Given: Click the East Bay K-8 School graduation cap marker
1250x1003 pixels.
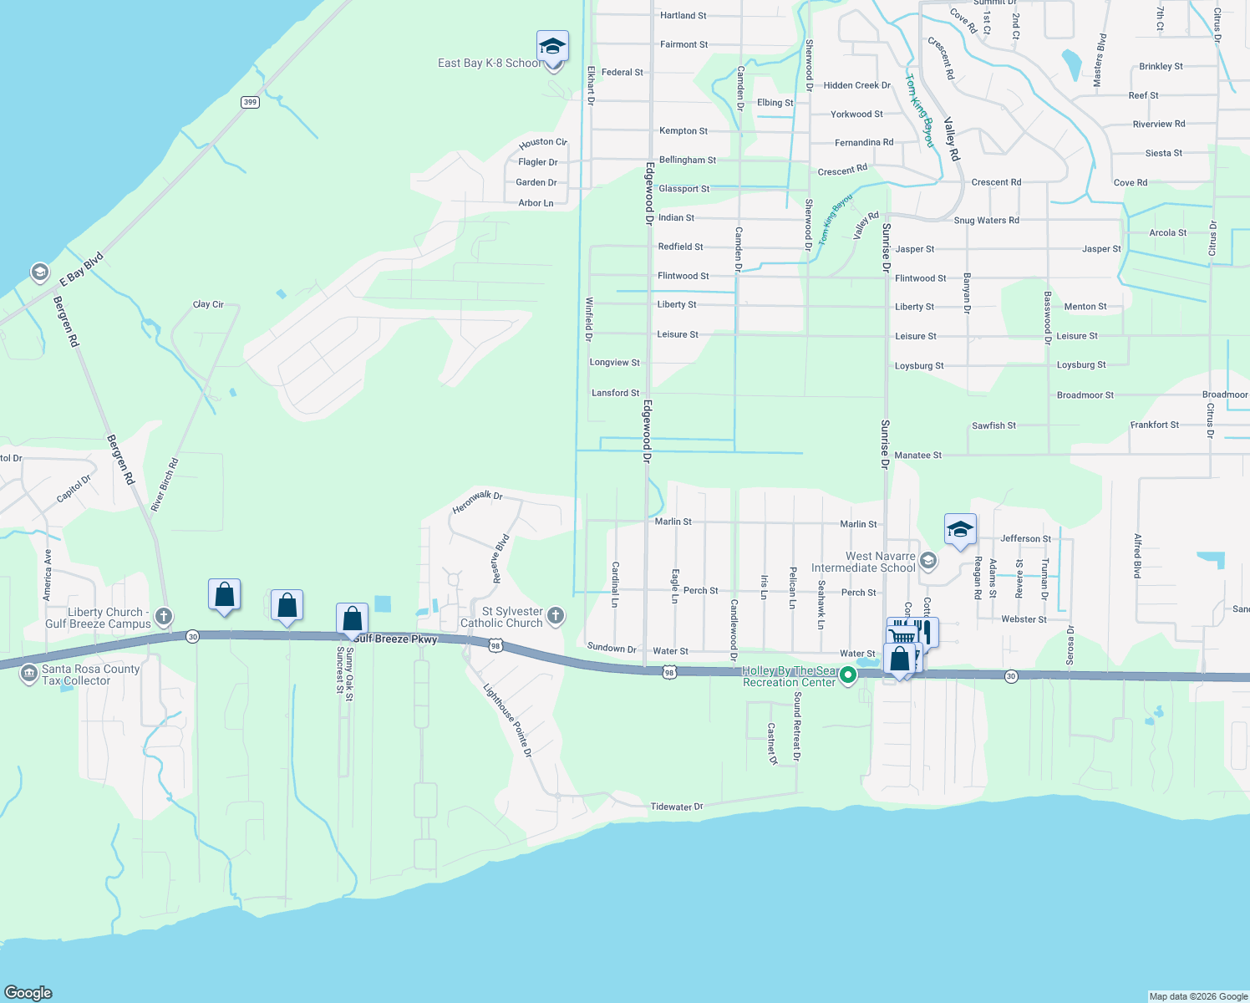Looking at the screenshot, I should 552,46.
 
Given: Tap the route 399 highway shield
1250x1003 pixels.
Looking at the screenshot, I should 250,102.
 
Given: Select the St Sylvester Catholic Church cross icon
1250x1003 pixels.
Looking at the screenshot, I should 556,617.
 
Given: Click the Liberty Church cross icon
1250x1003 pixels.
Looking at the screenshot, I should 164,618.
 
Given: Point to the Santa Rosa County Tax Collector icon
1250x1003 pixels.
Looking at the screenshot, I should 29,673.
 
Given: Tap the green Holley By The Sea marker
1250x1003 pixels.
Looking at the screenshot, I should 848,675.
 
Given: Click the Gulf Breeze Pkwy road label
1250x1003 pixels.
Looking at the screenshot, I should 395,639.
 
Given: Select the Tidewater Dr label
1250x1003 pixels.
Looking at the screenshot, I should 677,807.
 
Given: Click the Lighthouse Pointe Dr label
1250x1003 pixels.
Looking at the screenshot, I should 507,720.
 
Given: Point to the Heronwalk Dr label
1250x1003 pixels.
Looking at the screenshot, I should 477,501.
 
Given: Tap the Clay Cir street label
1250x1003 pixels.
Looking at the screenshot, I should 208,304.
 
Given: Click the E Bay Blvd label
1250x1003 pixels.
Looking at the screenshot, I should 81,268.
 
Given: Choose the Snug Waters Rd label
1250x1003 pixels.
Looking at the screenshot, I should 986,221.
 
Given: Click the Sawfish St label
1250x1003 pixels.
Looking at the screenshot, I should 993,425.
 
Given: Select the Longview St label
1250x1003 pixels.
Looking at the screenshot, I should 614,363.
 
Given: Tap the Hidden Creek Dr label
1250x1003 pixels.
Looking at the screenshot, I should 856,85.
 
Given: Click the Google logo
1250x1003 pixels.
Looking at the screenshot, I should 28,992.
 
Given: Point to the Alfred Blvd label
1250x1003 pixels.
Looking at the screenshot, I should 1137,556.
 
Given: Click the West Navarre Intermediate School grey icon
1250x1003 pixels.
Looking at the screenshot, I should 927,560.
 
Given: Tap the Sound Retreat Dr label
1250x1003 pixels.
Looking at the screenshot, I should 797,726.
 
